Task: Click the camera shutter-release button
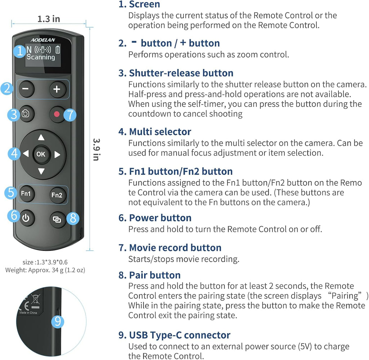(26, 114)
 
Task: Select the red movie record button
(57, 114)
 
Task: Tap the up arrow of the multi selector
(41, 137)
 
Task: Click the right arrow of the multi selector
(57, 154)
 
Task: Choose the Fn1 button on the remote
(26, 194)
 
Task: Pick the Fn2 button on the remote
(57, 195)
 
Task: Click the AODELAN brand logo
(43, 40)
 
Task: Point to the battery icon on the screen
(58, 50)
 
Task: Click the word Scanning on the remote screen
(41, 57)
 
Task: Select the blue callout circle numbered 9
(58, 321)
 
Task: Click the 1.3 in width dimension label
(49, 19)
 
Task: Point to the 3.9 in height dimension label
(97, 149)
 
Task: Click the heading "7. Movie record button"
(170, 248)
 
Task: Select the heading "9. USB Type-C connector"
(174, 335)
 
